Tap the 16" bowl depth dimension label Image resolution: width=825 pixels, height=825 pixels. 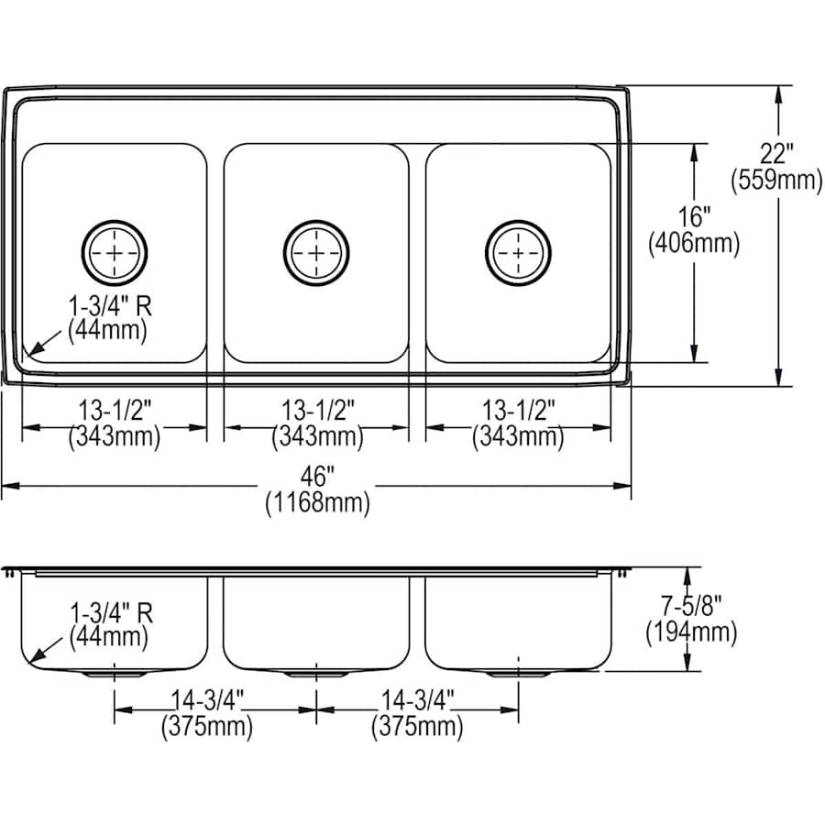pyautogui.click(x=693, y=218)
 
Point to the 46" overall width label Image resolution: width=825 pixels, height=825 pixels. pyautogui.click(x=317, y=478)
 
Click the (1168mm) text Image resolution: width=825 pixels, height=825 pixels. pyautogui.click(x=317, y=502)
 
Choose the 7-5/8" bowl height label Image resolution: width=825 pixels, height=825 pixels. pyautogui.click(x=690, y=606)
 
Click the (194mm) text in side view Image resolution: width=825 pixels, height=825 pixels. pyautogui.click(x=690, y=632)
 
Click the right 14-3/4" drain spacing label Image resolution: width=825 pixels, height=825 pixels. pyautogui.click(x=417, y=701)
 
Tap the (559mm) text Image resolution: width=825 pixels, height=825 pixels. pyautogui.click(x=775, y=181)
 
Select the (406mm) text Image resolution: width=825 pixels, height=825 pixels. pyautogui.click(x=693, y=244)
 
